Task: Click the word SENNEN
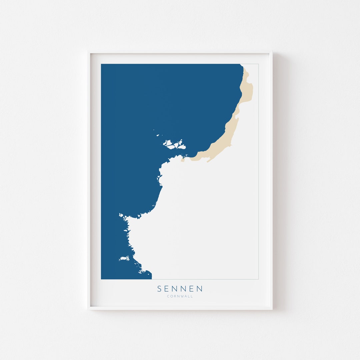(180, 289)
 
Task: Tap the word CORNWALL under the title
(180, 296)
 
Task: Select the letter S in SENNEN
(160, 289)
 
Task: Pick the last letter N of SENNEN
(199, 289)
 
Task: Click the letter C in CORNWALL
(168, 296)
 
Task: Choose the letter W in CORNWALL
(182, 296)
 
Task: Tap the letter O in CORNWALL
(171, 296)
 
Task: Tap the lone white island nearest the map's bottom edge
(124, 258)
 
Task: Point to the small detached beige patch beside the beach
(183, 160)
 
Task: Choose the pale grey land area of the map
(207, 217)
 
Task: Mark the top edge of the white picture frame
(180, 52)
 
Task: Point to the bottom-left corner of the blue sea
(102, 278)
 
